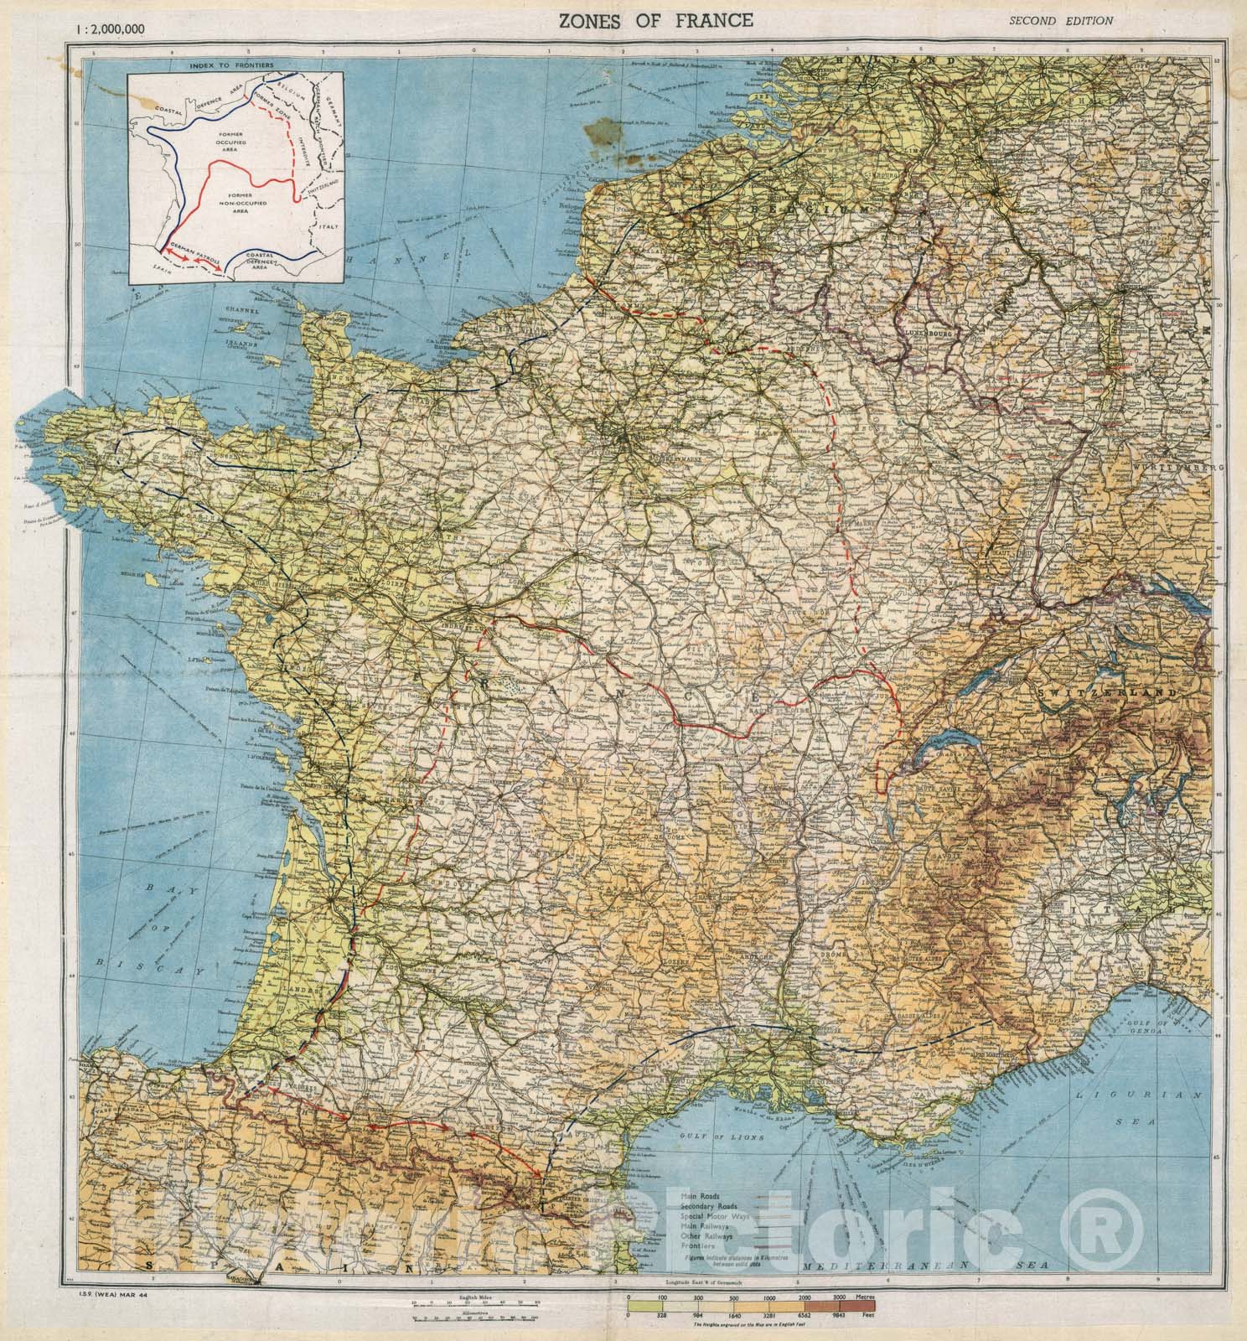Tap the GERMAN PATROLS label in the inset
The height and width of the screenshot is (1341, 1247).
(x=198, y=252)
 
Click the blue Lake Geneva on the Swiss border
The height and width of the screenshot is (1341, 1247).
(x=934, y=742)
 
